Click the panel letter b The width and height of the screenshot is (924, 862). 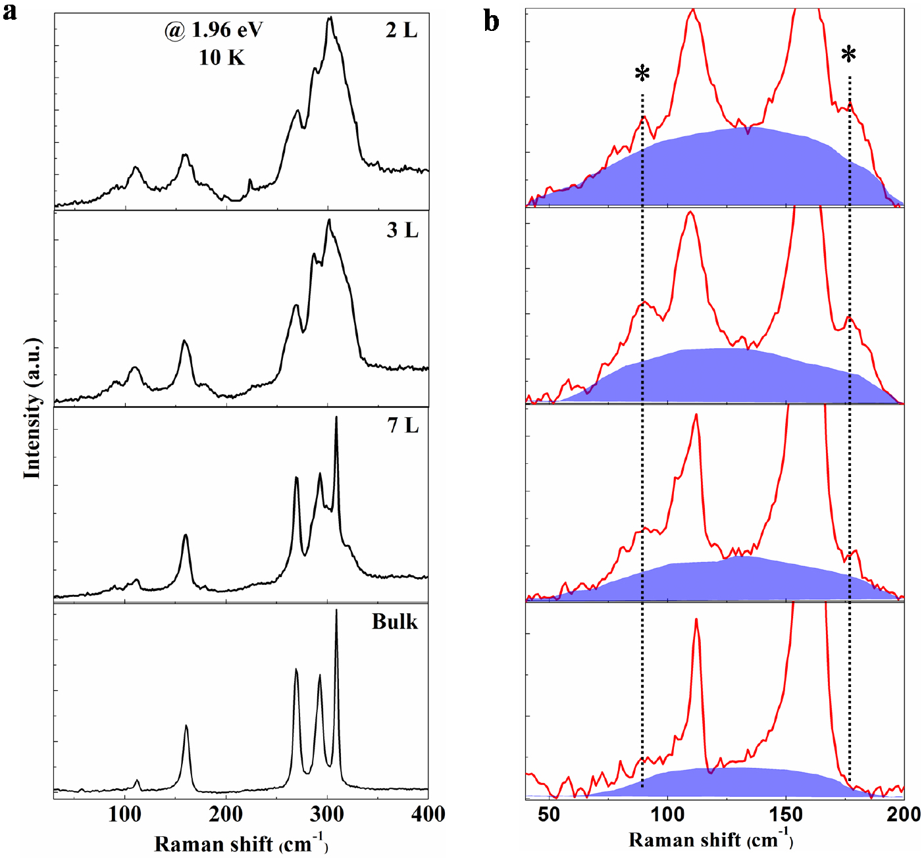(491, 22)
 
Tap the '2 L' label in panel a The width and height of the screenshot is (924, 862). (401, 30)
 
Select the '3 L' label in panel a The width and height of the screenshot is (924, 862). (402, 230)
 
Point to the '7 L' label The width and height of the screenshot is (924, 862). (403, 426)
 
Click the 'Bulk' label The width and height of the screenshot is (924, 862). (394, 622)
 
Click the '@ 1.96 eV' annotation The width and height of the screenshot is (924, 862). (214, 30)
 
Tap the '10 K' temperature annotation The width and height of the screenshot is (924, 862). (222, 58)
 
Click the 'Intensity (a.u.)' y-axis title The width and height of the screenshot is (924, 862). (32, 408)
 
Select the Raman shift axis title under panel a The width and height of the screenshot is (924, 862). (241, 843)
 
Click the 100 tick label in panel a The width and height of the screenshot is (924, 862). (124, 815)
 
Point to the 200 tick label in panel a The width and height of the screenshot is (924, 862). (226, 815)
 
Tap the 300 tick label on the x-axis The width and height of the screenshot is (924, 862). (327, 815)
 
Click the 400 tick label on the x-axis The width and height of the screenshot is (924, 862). (428, 815)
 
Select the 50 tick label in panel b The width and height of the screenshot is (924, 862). (549, 815)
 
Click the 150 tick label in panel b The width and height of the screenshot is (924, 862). (786, 815)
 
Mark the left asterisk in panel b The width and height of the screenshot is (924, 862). (642, 74)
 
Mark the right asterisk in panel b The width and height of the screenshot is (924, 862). (849, 55)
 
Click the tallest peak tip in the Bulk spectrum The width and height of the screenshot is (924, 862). (336, 611)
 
